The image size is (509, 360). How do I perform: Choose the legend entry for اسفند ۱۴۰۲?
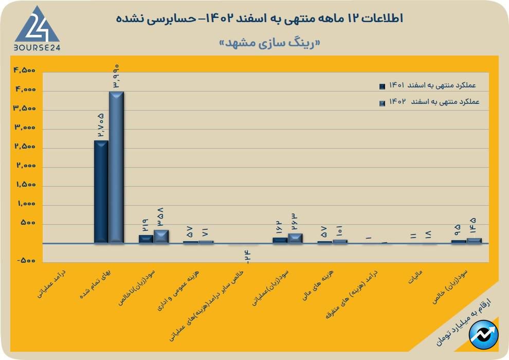[429, 102]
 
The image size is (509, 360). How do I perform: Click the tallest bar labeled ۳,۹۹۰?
[116, 167]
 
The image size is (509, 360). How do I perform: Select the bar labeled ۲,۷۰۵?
[101, 191]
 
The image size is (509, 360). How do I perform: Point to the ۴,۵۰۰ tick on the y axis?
[24, 71]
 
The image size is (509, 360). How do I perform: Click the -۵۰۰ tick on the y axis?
[26, 261]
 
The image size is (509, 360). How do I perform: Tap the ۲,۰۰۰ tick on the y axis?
[24, 167]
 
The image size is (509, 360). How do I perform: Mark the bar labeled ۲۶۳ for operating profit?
[295, 238]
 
